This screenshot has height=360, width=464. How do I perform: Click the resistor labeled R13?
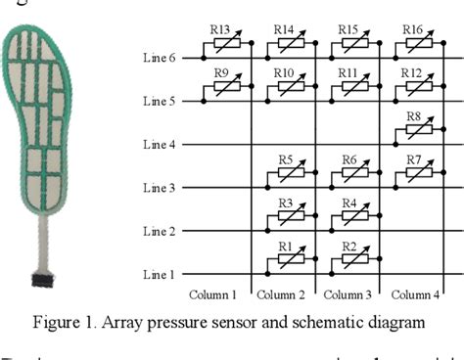tap(222, 42)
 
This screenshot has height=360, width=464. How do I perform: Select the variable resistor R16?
tap(412, 42)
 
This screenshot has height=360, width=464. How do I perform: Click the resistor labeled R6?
tap(349, 172)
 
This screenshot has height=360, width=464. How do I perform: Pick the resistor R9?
tap(222, 85)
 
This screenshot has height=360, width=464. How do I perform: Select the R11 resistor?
tap(349, 85)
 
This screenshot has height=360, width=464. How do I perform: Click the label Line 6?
tap(160, 59)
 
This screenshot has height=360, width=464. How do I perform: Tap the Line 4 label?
tap(160, 145)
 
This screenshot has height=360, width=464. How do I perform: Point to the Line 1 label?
tap(160, 275)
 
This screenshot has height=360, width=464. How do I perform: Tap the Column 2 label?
tap(285, 293)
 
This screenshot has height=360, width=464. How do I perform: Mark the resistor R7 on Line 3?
tap(412, 172)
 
